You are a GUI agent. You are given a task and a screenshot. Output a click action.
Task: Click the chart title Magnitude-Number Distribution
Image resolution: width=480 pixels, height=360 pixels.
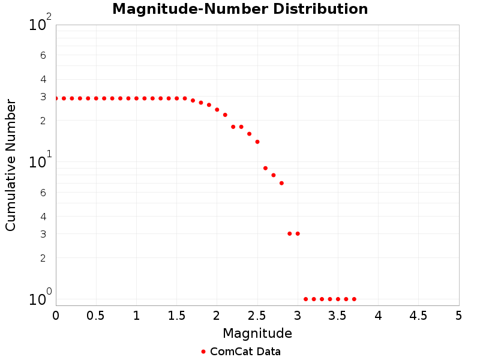point(240,9)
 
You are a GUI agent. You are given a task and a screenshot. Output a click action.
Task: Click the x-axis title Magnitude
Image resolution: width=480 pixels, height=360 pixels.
point(257,333)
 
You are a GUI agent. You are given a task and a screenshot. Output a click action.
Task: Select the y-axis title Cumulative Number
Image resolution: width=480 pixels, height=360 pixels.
point(11,165)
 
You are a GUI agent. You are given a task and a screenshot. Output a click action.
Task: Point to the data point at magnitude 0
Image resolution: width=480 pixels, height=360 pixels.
point(56,98)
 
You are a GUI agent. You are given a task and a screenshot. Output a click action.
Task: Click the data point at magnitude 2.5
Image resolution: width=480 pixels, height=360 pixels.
point(257,142)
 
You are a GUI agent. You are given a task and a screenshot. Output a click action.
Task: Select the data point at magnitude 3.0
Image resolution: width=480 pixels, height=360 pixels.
point(298,233)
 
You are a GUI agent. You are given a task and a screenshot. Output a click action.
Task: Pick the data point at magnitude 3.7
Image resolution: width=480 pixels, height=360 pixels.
point(354,299)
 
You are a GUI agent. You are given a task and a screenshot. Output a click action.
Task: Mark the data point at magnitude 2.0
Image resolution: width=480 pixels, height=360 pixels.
point(217,110)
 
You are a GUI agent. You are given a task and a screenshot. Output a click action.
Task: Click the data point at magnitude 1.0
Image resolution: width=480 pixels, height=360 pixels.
point(136,98)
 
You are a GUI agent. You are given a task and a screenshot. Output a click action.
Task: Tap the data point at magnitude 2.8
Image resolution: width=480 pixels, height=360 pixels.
point(281,183)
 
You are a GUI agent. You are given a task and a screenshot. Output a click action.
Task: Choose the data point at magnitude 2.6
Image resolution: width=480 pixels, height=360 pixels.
point(265,168)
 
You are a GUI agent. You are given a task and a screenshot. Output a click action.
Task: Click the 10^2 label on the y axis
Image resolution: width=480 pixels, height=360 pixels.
point(40,25)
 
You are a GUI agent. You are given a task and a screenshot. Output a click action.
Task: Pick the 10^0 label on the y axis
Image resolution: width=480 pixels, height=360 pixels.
point(40,299)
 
